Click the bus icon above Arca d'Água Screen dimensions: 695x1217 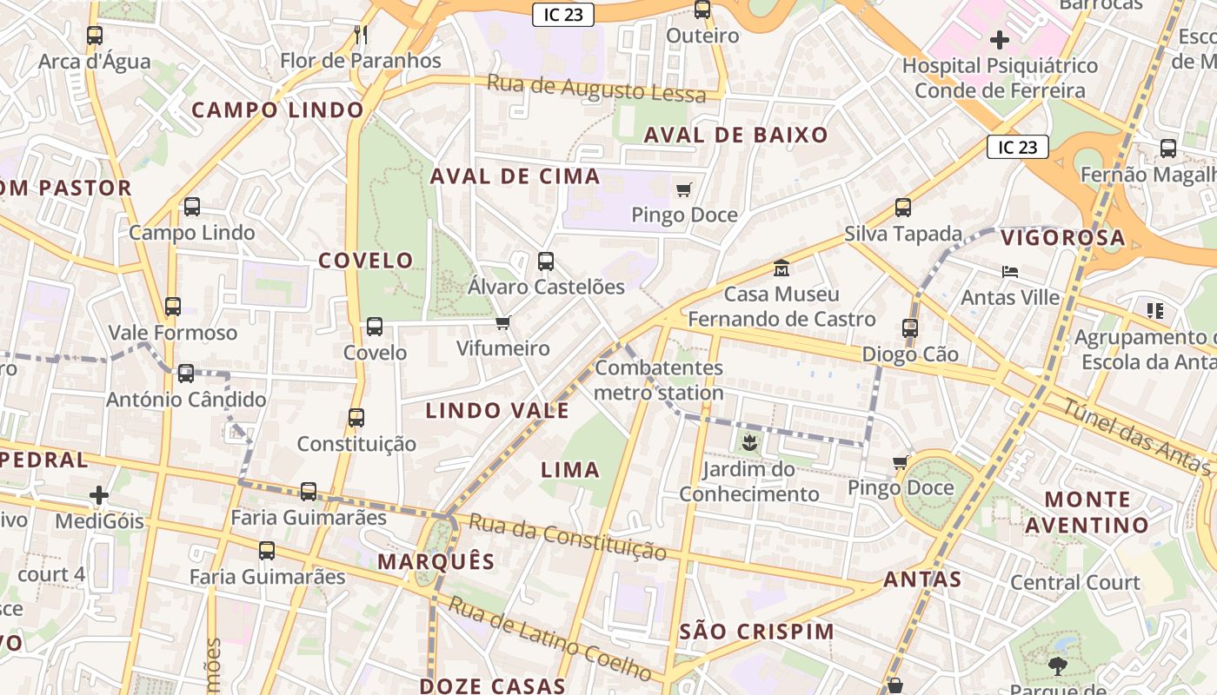(x=95, y=36)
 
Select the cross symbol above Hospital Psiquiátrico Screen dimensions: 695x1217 (x=1000, y=39)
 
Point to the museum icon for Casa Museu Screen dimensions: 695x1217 (x=781, y=268)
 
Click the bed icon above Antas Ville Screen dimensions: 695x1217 (x=1009, y=272)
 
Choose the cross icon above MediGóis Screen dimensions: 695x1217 (x=99, y=495)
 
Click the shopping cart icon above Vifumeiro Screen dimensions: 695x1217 (x=502, y=323)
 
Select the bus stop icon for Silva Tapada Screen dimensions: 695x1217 (x=903, y=208)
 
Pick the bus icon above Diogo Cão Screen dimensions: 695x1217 (x=910, y=328)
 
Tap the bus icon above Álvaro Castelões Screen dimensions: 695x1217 (x=546, y=261)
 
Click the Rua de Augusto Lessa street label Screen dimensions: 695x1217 (x=595, y=89)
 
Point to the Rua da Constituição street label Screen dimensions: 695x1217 (x=568, y=537)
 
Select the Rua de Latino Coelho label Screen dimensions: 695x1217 (x=549, y=639)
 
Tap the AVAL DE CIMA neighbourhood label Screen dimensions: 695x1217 (x=515, y=176)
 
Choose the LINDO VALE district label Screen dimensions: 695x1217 (x=497, y=411)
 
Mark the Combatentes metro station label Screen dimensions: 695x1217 (x=659, y=380)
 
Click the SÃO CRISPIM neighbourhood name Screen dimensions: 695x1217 (x=756, y=632)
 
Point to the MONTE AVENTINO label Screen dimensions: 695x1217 (x=1087, y=512)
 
